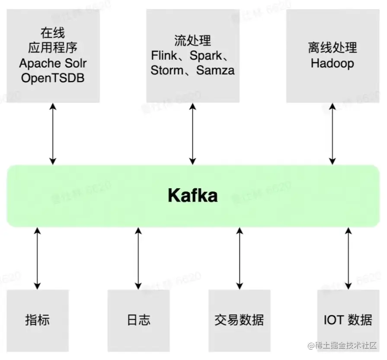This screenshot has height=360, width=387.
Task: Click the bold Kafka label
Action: coord(193,196)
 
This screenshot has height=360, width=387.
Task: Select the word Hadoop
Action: coord(332,63)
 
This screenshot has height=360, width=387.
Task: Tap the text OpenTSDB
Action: coord(53,78)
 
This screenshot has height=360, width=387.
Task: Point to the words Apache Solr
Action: coord(53,63)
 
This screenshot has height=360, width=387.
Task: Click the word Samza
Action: coord(215,70)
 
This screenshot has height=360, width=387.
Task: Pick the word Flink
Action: coord(164,55)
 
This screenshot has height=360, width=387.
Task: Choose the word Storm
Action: coord(164,70)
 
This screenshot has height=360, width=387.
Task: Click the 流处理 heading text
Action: coord(192,41)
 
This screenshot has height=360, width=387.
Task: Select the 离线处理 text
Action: coord(332,48)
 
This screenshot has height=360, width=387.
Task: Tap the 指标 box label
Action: coord(37,320)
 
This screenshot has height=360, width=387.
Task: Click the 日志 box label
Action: coord(138,320)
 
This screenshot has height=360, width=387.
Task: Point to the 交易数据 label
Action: coord(239,320)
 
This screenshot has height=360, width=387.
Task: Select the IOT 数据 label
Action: coord(348,320)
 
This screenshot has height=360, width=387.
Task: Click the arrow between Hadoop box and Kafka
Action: coord(332,133)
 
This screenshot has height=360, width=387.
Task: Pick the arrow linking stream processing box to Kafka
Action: coord(192,133)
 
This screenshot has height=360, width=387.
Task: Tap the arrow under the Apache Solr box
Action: coord(53,133)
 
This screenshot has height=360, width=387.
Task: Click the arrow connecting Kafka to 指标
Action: coord(37,258)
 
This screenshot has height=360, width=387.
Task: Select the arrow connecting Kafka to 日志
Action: coord(138,258)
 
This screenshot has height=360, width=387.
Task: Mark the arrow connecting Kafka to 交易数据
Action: coord(239,258)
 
